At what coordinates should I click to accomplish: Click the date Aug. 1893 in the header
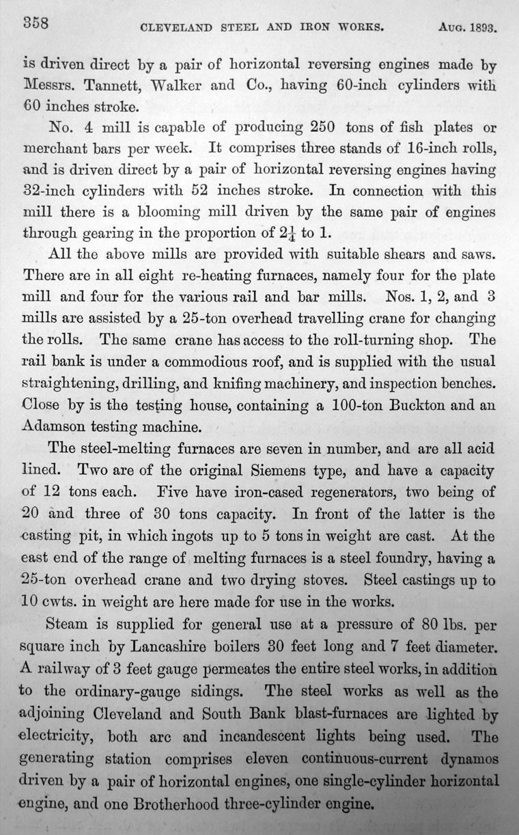coord(468,29)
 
